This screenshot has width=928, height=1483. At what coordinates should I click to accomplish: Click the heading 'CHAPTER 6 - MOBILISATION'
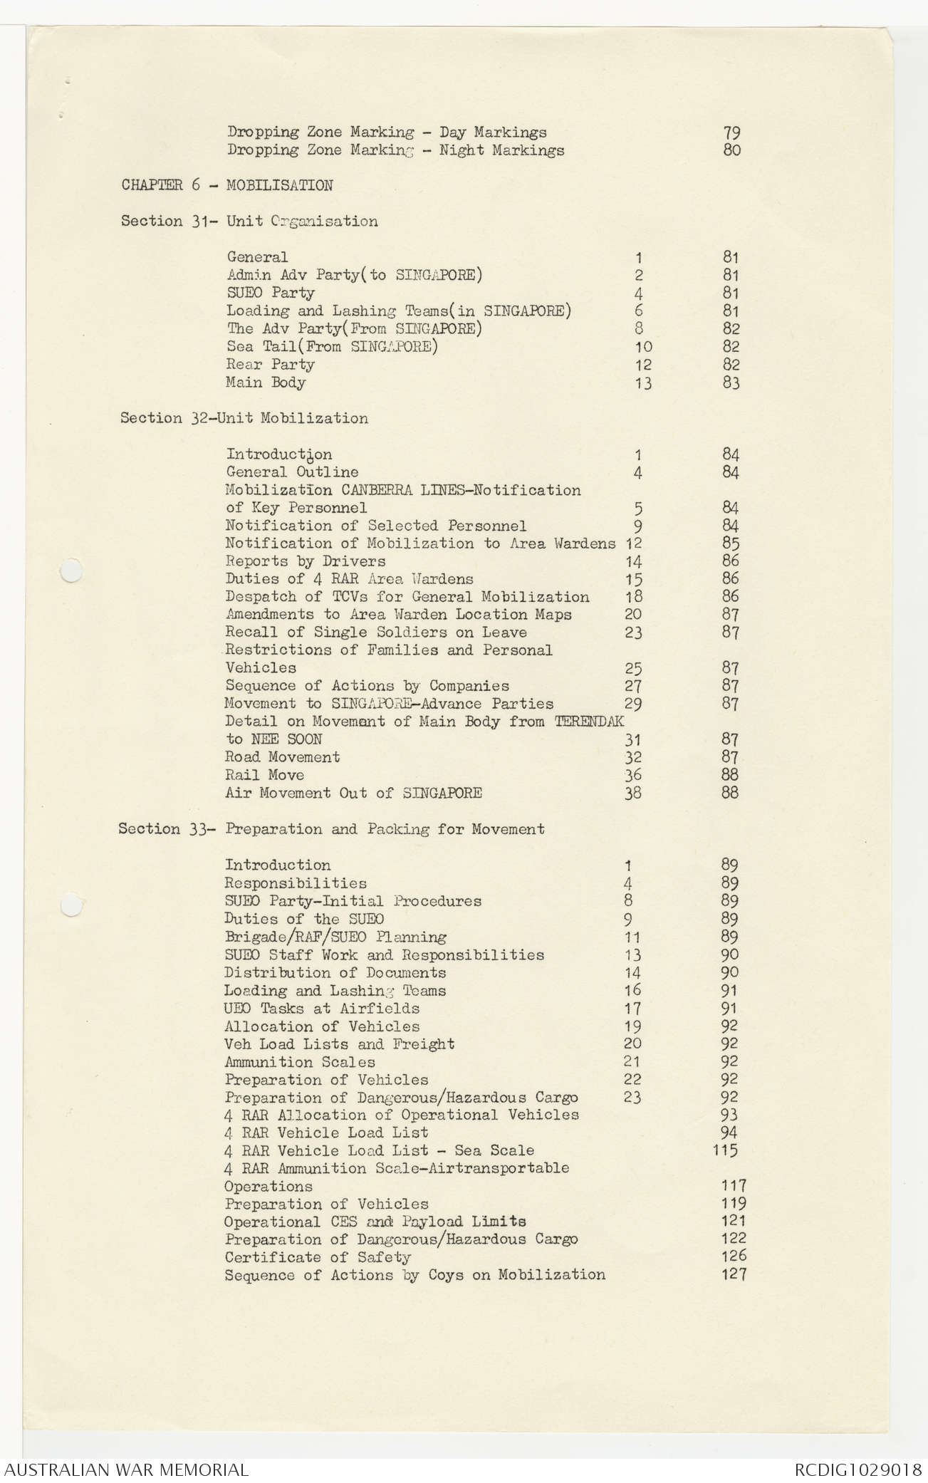click(226, 186)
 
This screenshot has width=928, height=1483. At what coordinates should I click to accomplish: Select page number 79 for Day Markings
click(731, 132)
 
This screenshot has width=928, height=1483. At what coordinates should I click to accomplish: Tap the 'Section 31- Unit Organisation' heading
click(249, 222)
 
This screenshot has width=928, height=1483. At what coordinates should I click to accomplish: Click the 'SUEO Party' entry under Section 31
click(270, 293)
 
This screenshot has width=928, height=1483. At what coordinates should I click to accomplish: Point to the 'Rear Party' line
click(270, 365)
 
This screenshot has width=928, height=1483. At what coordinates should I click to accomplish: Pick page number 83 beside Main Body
click(731, 383)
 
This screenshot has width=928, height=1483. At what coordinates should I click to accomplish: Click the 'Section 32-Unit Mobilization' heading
click(244, 418)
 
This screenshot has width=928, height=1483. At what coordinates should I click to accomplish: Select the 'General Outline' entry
click(292, 472)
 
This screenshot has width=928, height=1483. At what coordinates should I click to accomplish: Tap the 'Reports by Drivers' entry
click(305, 561)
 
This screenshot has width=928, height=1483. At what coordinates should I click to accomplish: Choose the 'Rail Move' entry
click(264, 775)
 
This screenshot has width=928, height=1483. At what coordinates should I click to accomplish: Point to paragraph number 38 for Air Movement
click(632, 793)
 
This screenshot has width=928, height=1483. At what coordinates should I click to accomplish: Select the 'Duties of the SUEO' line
click(304, 919)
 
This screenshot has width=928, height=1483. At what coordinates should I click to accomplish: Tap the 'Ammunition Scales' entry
click(299, 1062)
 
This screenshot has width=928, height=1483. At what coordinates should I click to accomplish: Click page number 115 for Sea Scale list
click(725, 1150)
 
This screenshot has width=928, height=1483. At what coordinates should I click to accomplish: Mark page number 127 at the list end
click(733, 1274)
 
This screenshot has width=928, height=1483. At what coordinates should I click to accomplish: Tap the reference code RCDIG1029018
click(858, 1469)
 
